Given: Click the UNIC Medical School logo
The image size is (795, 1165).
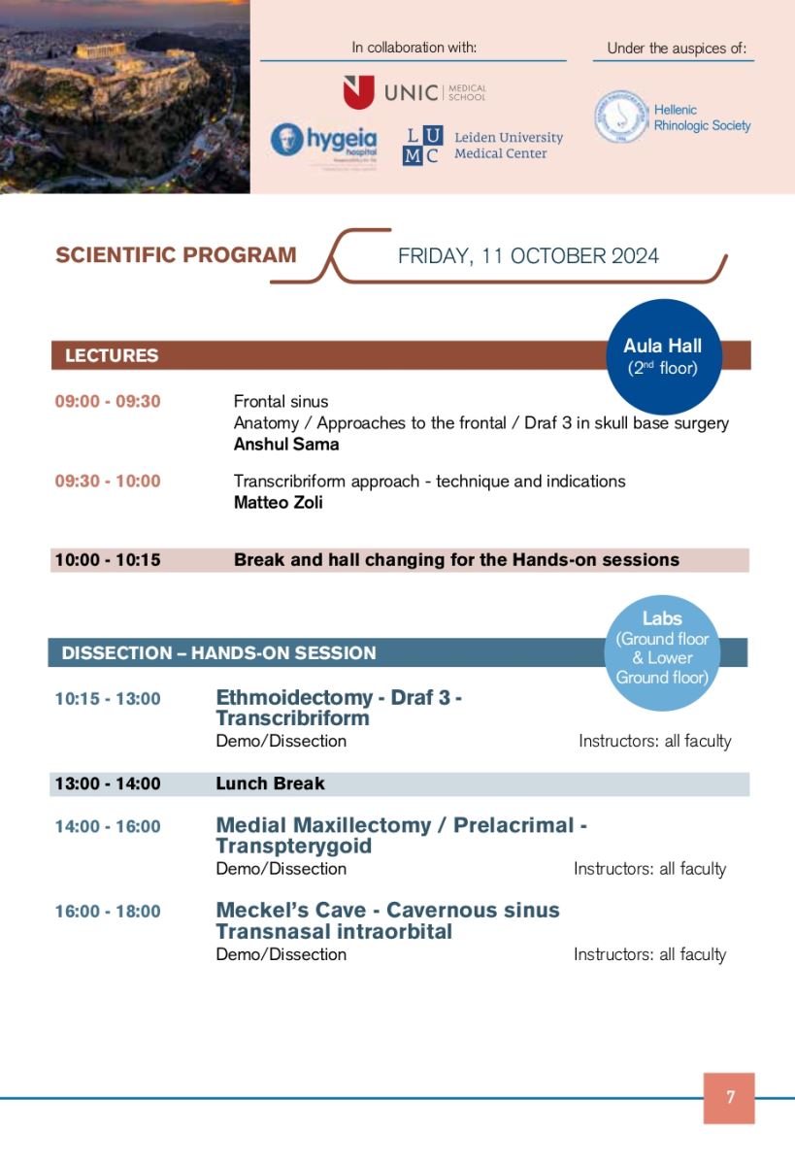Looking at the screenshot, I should click(x=414, y=92).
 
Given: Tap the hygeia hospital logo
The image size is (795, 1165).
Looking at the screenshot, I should click(x=323, y=141).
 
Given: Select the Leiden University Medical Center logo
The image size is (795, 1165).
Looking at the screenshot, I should click(x=482, y=146).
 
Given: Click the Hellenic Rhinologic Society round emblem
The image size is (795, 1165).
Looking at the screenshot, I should click(x=621, y=117).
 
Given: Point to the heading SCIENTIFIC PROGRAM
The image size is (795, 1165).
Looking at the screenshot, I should click(x=176, y=255).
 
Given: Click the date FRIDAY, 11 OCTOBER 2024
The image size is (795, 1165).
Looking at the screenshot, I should click(x=528, y=256).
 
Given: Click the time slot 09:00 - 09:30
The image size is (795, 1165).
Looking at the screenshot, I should click(x=108, y=401).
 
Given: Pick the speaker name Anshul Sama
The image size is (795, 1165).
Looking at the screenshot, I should click(x=285, y=444).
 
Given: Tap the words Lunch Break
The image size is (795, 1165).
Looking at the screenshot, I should click(x=270, y=783).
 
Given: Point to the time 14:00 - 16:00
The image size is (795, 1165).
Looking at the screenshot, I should click(x=108, y=826).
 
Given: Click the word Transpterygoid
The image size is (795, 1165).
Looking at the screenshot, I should click(x=293, y=847).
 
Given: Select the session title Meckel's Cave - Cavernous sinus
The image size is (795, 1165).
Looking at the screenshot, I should click(x=387, y=911).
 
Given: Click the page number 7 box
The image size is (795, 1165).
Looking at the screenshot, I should click(x=729, y=1098).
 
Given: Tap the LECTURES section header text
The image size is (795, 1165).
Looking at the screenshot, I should click(x=111, y=355).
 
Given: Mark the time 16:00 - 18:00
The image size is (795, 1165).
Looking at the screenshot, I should click(x=108, y=912).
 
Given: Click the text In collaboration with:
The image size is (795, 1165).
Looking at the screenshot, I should click(x=414, y=47).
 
